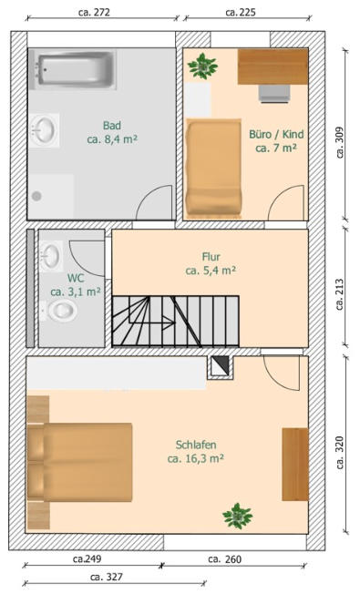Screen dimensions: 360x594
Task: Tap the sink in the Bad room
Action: click(x=45, y=130)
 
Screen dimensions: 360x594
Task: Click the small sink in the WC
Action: click(x=52, y=256)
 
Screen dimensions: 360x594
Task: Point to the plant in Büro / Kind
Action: click(x=202, y=67)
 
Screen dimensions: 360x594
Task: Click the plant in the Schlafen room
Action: click(x=238, y=516)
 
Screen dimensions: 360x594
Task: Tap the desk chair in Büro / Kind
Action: click(x=274, y=94)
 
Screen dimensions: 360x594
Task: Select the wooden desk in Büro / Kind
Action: click(x=273, y=67)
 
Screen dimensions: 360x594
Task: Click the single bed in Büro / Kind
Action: click(x=214, y=169)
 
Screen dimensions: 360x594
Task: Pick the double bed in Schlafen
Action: click(x=79, y=462)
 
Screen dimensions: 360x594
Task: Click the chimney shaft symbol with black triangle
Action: click(x=220, y=367)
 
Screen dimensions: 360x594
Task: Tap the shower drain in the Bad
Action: click(x=36, y=196)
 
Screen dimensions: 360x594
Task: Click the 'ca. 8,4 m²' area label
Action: click(x=112, y=139)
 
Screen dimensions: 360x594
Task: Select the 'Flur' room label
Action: click(x=211, y=257)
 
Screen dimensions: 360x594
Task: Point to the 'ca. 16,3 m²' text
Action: click(x=196, y=459)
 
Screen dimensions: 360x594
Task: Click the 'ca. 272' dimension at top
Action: click(x=94, y=12)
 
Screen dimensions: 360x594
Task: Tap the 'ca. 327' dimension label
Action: click(x=107, y=577)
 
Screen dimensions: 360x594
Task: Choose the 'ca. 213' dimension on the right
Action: click(x=340, y=294)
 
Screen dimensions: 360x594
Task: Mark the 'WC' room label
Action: click(x=76, y=278)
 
